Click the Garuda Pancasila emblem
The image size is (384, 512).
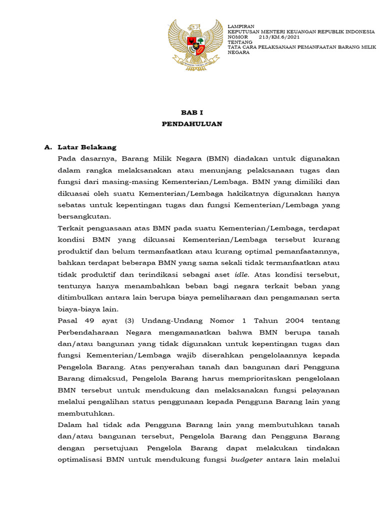click(195, 44)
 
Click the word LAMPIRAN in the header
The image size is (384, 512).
click(241, 26)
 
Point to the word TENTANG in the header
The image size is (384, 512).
click(240, 42)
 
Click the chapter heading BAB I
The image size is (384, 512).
click(192, 112)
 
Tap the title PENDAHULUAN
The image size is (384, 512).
click(192, 123)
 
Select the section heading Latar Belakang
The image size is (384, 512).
click(87, 147)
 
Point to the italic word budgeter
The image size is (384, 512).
click(246, 459)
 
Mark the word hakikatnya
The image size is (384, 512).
click(243, 193)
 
